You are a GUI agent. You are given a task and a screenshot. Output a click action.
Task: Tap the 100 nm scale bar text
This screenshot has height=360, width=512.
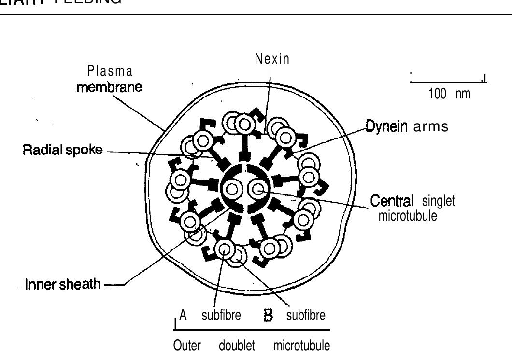449,94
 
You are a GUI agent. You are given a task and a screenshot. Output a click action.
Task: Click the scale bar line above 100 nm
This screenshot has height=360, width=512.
448,82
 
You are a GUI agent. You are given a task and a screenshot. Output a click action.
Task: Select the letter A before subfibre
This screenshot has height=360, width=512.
183,316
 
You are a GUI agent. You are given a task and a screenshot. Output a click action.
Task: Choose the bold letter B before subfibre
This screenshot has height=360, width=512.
267,317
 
